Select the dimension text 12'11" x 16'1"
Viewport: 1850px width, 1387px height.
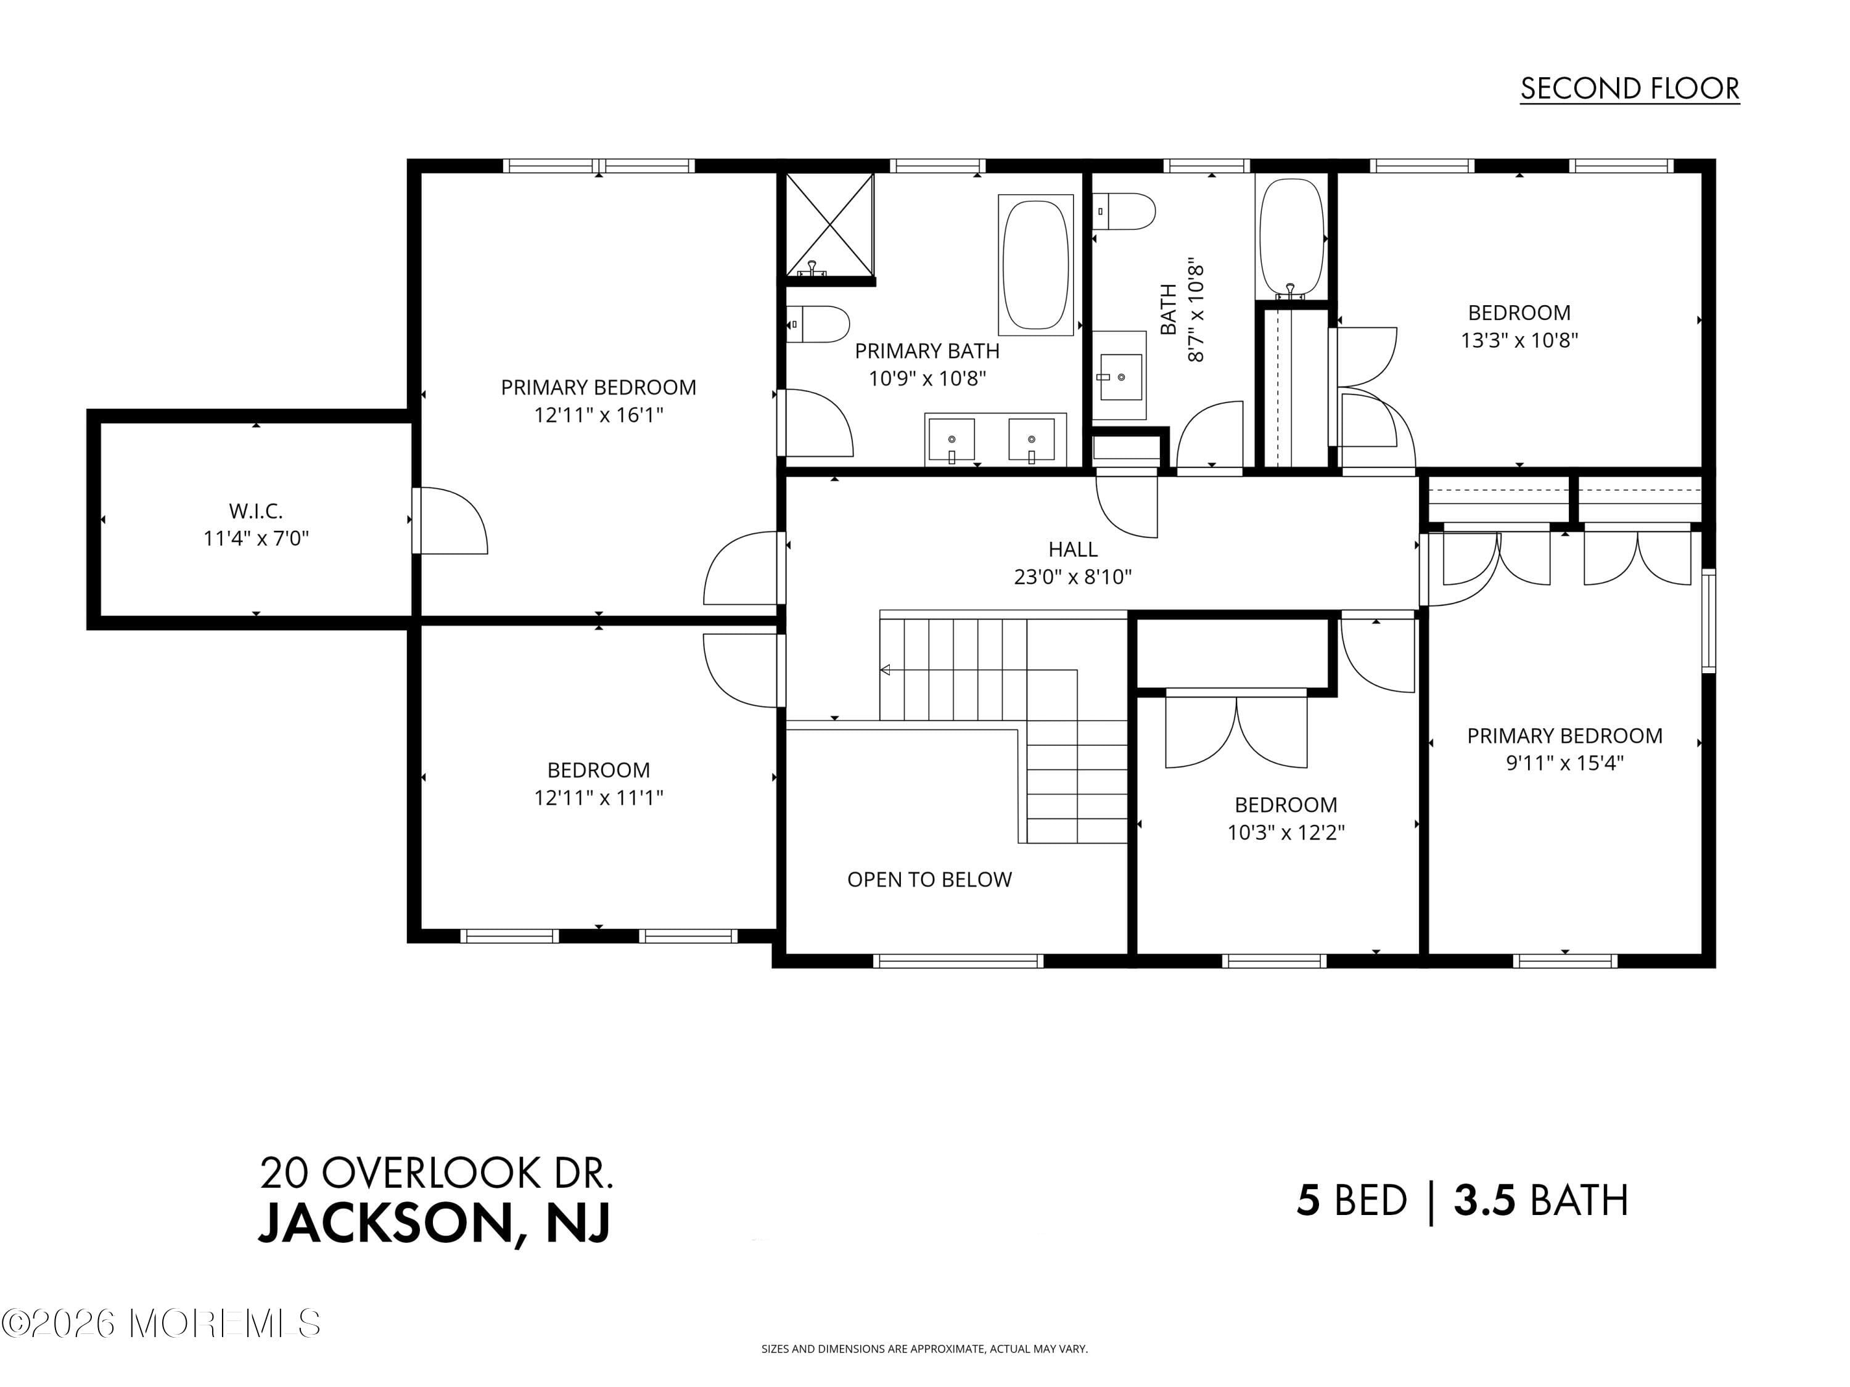coord(598,415)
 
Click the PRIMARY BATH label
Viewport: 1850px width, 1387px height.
coord(927,351)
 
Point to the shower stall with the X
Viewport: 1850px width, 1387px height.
coord(829,223)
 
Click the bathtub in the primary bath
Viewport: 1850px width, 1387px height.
coord(1035,265)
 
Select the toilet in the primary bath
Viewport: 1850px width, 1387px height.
coord(820,324)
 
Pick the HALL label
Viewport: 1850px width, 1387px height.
coord(1072,549)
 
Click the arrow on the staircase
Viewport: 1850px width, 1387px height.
coord(886,669)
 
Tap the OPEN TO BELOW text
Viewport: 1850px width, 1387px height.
coord(929,880)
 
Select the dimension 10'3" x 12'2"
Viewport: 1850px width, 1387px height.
coord(1286,833)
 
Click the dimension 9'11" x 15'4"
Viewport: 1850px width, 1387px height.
coord(1564,763)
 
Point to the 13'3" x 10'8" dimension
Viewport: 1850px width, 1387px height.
coord(1519,340)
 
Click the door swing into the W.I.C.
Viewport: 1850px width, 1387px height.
coord(451,522)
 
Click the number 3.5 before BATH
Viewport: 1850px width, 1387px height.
coord(1484,1201)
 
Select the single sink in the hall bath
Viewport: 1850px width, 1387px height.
coord(1120,377)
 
